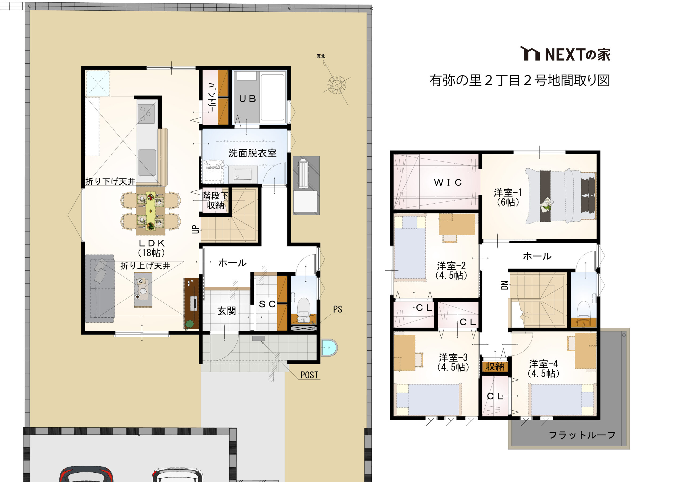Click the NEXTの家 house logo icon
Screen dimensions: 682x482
click(530, 54)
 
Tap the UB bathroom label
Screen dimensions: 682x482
click(247, 99)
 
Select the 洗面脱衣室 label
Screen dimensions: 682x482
click(252, 153)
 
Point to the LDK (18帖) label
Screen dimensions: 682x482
click(152, 248)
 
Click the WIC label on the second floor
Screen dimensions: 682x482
click(448, 183)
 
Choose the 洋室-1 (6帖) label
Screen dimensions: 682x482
click(508, 197)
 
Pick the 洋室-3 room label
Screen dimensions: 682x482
click(453, 362)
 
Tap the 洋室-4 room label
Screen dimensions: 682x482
click(543, 368)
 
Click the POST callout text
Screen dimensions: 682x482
click(309, 375)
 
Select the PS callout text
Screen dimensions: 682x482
click(338, 309)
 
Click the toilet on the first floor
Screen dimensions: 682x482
click(303, 309)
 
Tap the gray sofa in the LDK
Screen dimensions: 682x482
click(100, 289)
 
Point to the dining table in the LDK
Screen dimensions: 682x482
click(151, 211)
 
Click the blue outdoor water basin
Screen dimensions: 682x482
click(329, 347)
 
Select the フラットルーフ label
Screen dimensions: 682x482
click(582, 435)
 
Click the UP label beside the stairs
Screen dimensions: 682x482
click(195, 229)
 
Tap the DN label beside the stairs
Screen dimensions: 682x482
click(504, 286)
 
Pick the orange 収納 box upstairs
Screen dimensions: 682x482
click(495, 367)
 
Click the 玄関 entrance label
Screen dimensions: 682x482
click(227, 311)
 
